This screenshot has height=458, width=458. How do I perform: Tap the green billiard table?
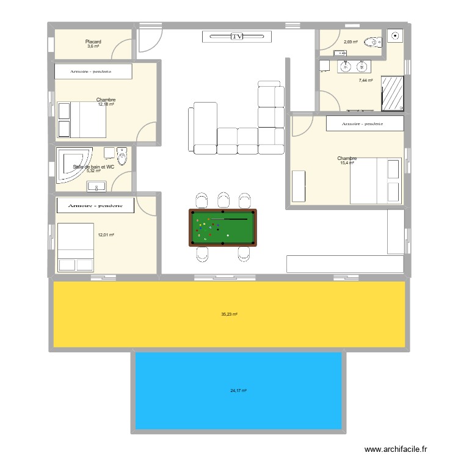click(223, 227)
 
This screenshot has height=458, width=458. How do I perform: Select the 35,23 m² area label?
click(229, 314)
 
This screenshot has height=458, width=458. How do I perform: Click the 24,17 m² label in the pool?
click(238, 391)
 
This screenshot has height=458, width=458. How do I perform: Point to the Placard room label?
click(93, 42)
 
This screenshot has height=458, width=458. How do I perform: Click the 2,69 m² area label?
click(350, 42)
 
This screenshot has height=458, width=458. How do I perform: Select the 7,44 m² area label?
click(365, 80)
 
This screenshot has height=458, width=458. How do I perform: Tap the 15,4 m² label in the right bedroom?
click(347, 163)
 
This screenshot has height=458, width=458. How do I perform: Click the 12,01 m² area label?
click(106, 234)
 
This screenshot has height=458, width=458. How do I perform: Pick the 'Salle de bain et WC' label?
click(93, 167)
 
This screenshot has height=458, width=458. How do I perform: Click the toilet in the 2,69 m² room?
click(371, 42)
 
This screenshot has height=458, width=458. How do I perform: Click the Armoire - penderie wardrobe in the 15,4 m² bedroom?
click(365, 123)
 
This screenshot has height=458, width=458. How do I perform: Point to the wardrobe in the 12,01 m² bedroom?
click(95, 205)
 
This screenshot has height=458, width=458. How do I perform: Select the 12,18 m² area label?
click(106, 104)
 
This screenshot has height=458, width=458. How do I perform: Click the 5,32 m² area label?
click(93, 172)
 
